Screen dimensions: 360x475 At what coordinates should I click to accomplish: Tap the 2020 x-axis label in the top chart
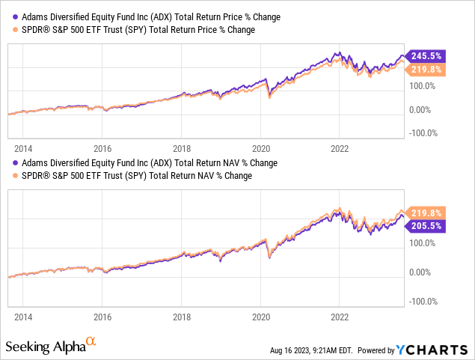[x=261, y=148]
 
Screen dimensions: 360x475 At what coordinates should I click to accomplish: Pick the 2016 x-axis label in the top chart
[x=102, y=148]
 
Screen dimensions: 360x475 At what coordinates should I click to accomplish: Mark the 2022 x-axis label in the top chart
[x=340, y=148]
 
